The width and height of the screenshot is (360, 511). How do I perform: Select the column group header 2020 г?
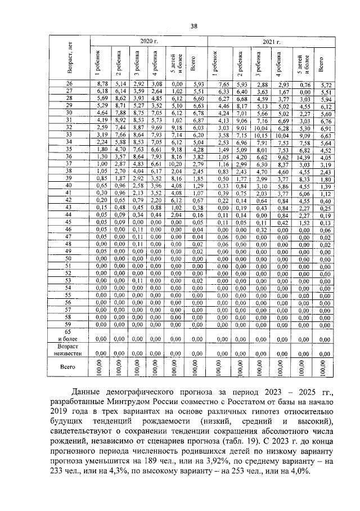(147, 42)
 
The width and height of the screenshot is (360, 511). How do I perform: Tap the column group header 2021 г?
(272, 42)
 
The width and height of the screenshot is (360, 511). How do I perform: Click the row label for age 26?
(70, 83)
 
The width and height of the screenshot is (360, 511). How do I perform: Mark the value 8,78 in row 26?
(102, 83)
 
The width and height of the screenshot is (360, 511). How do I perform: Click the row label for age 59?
(70, 324)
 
